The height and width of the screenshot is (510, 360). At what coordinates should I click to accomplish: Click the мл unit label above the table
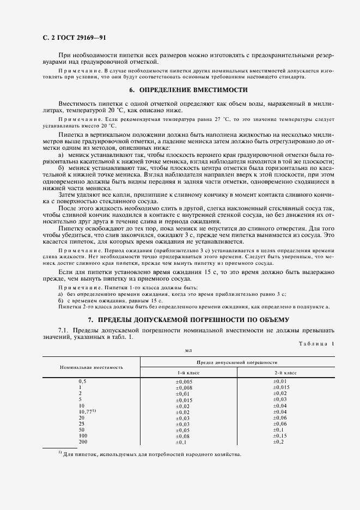tap(188, 351)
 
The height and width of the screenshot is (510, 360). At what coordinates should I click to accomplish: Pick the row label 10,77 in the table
tap(87, 412)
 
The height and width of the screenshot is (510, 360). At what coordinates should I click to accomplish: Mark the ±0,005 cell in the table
tap(184, 381)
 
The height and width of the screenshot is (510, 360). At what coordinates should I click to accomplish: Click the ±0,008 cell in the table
tap(184, 387)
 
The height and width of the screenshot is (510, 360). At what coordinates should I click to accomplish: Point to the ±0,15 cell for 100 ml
tap(279, 436)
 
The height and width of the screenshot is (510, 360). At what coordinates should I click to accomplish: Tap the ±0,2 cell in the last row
tap(278, 442)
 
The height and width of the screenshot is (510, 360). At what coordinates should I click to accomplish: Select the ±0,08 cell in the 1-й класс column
tap(182, 436)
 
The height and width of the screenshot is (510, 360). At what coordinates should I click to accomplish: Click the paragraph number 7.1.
tap(64, 330)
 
